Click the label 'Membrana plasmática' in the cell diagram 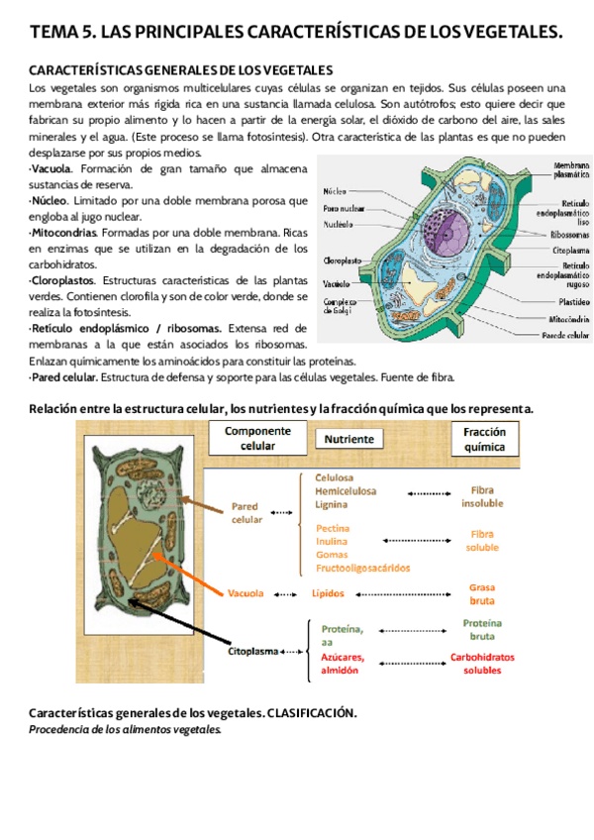click(571, 169)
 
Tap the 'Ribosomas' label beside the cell click(570, 236)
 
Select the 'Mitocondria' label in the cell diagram click(567, 319)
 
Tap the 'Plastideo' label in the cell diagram click(572, 300)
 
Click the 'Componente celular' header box click(257, 439)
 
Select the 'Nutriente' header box click(348, 439)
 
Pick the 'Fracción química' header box click(484, 439)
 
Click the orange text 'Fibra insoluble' click(481, 496)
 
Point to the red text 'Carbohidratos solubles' click(482, 663)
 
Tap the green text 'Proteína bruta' click(482, 629)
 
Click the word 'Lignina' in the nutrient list click(332, 504)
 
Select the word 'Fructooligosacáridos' click(362, 568)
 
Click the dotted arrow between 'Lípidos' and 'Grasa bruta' click(406, 594)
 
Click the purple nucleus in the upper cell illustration click(435, 213)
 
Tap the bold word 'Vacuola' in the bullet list click(51, 169)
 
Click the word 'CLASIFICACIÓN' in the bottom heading click(311, 713)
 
